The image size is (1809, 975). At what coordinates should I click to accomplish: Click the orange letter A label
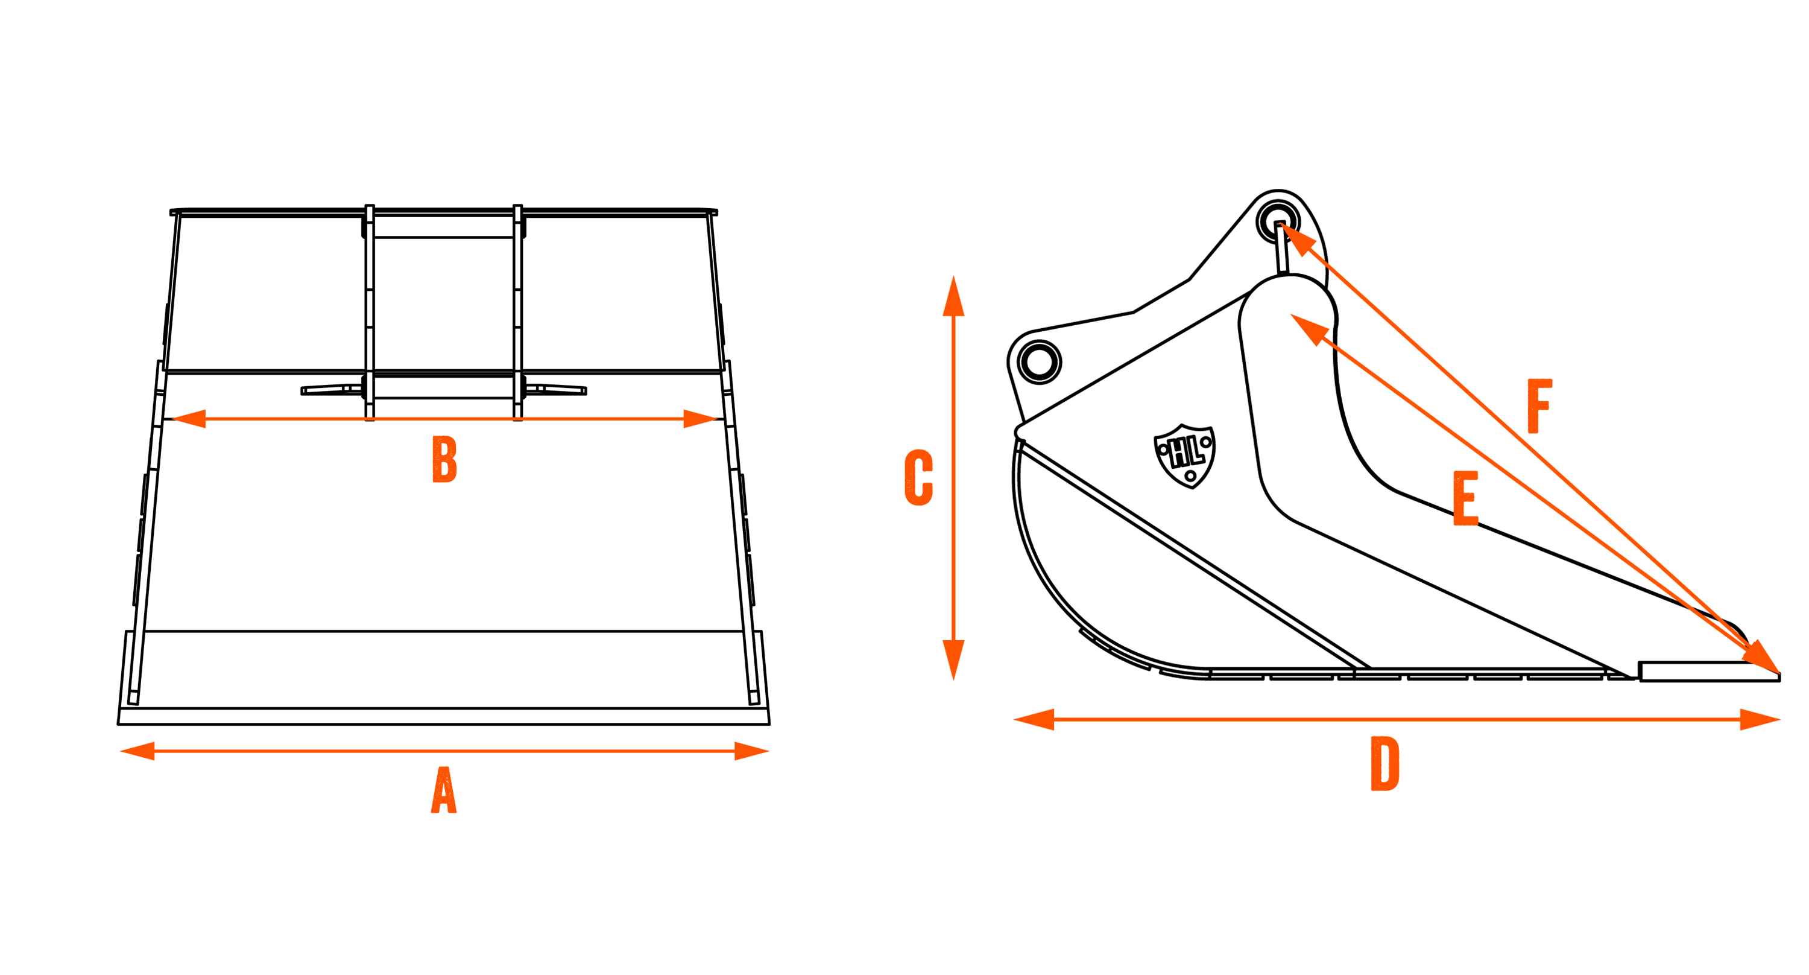click(x=444, y=790)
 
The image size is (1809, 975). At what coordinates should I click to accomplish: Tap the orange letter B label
click(x=444, y=459)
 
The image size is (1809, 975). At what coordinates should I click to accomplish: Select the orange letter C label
click(x=918, y=478)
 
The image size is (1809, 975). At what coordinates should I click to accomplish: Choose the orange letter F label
click(x=1540, y=406)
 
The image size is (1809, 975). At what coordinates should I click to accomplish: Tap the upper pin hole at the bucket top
click(x=1278, y=221)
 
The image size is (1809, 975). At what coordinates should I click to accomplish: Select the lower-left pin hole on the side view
click(x=1040, y=363)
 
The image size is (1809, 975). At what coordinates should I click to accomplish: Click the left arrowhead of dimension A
click(x=137, y=751)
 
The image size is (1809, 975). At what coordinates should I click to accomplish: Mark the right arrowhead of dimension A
click(x=752, y=751)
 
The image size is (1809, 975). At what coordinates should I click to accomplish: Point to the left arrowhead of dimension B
click(x=188, y=419)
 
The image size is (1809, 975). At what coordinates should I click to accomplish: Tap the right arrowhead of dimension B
click(x=700, y=419)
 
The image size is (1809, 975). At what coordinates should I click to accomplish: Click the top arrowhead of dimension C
click(x=953, y=296)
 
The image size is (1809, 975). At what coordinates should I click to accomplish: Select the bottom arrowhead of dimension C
click(x=953, y=660)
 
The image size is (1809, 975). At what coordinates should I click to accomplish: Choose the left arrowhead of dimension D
click(x=1034, y=719)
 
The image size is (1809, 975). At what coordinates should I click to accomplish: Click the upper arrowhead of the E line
click(x=1309, y=329)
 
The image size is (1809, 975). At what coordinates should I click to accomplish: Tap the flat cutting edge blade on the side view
click(x=1710, y=671)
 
